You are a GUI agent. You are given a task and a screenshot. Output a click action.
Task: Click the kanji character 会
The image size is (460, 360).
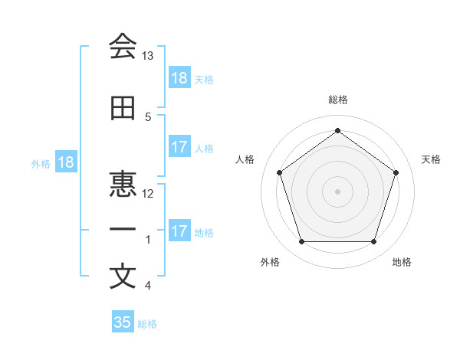point(123,47)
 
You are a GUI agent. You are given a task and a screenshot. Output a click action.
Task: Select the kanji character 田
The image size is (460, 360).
point(123,109)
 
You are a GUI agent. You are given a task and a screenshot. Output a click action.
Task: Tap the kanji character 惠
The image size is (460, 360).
point(123,185)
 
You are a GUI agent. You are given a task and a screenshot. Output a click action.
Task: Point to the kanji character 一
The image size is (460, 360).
point(123,230)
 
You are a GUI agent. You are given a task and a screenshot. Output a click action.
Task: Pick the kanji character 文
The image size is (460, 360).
point(123,276)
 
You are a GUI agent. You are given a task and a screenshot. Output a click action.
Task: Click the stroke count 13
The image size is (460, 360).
point(148,57)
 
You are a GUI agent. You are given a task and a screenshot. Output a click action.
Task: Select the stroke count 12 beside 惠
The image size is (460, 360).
point(148,194)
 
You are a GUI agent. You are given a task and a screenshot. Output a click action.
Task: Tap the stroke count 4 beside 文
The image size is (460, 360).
point(148,286)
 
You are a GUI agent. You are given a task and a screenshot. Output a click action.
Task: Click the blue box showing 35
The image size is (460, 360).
point(123,322)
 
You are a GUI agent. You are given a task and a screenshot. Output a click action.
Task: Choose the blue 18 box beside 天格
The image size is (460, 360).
point(179,78)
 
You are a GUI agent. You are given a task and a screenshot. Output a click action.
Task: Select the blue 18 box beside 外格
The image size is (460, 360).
point(65,162)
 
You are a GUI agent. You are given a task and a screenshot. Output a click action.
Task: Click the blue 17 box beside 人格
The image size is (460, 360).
point(179,147)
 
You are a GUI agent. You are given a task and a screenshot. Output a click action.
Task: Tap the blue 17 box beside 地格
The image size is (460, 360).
point(179,231)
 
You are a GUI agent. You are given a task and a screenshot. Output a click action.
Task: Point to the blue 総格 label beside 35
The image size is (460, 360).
point(147,323)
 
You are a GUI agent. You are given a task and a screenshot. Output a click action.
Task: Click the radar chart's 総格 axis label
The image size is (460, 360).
point(337,100)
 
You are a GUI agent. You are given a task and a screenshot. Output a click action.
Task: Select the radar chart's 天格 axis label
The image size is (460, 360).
point(431,159)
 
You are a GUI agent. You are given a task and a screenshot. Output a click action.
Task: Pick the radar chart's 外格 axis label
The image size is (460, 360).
point(270,262)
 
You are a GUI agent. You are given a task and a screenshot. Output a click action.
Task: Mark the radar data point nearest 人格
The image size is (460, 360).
point(279,172)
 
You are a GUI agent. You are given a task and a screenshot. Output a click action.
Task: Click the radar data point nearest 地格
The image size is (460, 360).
point(373,242)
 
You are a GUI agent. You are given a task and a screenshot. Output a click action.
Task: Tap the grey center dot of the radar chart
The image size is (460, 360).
point(337,191)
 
